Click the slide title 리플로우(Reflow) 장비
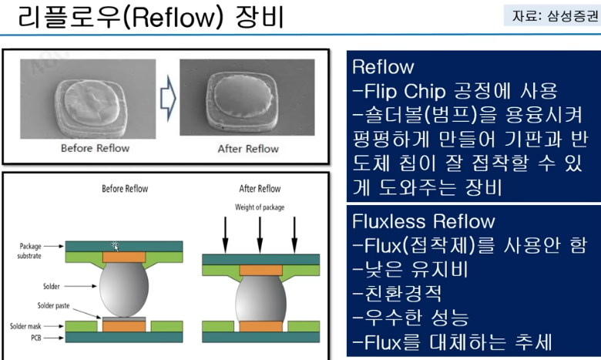click(x=151, y=16)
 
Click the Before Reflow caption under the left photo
click(x=96, y=148)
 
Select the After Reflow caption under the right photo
click(x=247, y=148)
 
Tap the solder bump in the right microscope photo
click(x=247, y=96)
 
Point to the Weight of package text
click(x=258, y=207)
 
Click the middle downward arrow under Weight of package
click(x=259, y=234)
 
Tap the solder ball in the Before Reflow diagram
click(x=126, y=287)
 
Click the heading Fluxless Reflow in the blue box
click(x=423, y=222)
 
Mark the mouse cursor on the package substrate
click(x=116, y=246)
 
